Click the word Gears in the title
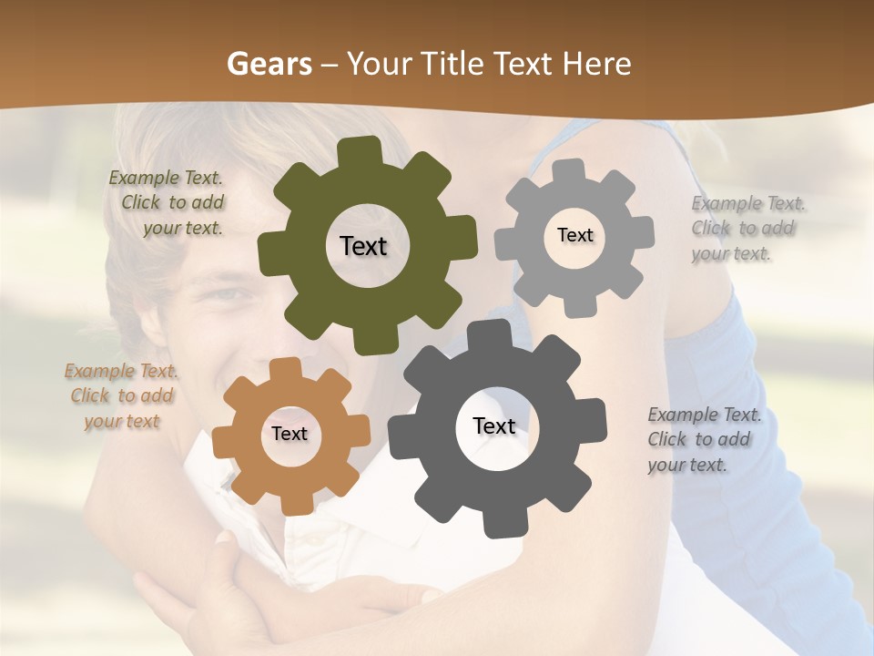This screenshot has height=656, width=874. (x=269, y=64)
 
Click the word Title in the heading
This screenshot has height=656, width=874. (x=454, y=64)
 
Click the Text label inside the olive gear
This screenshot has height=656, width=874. (x=363, y=246)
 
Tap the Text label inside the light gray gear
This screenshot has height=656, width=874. (x=574, y=235)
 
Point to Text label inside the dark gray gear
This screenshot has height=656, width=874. (x=494, y=426)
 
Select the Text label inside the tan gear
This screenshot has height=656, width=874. (x=290, y=434)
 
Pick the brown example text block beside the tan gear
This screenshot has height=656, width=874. (x=122, y=395)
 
